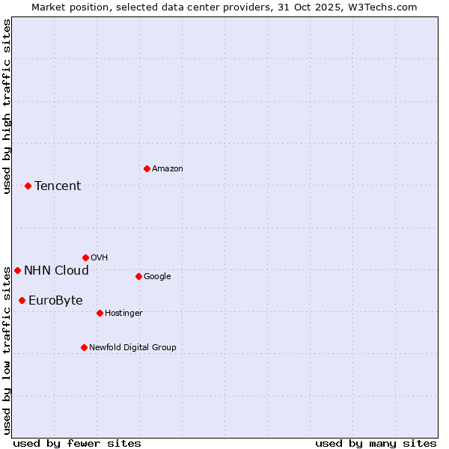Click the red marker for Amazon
pyautogui.click(x=147, y=168)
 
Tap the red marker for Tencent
pyautogui.click(x=28, y=186)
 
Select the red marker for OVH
pyautogui.click(x=85, y=257)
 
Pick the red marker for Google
pyautogui.click(x=138, y=276)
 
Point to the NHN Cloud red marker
pyautogui.click(x=17, y=270)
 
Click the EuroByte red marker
pyautogui.click(x=22, y=300)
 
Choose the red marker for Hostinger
pyautogui.click(x=100, y=313)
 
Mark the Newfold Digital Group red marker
pyautogui.click(x=84, y=347)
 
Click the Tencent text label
pyautogui.click(x=58, y=186)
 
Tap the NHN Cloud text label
pyautogui.click(x=56, y=271)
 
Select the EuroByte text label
pyautogui.click(x=55, y=301)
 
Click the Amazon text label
pyautogui.click(x=168, y=169)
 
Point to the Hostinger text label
pyautogui.click(x=123, y=314)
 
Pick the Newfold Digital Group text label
pyautogui.click(x=132, y=348)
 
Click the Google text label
pyautogui.click(x=157, y=277)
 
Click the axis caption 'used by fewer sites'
pyautogui.click(x=77, y=443)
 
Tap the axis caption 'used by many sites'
pyautogui.click(x=376, y=443)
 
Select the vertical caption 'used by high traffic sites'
pyautogui.click(x=7, y=106)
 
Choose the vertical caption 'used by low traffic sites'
pyautogui.click(x=7, y=350)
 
